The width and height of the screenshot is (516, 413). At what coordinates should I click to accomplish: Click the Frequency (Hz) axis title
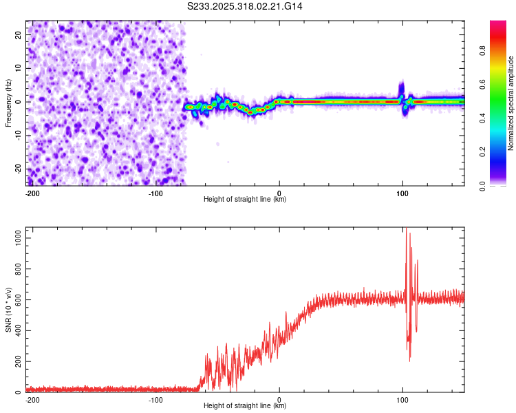pos(8,103)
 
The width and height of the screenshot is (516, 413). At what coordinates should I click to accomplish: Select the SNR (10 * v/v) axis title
pos(8,310)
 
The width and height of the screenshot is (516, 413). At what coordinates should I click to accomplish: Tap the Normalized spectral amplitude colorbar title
pos(511,103)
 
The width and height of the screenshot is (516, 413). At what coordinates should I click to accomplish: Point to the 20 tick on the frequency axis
pos(19,34)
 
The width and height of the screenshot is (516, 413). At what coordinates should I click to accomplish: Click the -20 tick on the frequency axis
pos(18,169)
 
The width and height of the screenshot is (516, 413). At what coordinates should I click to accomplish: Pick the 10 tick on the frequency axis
pos(19,67)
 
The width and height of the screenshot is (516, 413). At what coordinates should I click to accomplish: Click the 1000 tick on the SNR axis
pos(15,236)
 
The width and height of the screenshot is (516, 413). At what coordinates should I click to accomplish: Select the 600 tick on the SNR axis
pos(17,299)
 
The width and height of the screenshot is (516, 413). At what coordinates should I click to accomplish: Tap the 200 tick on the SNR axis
pos(17,361)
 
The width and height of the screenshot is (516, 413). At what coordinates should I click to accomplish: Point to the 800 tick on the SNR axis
pos(17,268)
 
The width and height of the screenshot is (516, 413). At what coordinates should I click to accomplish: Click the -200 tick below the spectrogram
pos(32,193)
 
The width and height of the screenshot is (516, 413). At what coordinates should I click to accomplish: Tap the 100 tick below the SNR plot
pos(402,399)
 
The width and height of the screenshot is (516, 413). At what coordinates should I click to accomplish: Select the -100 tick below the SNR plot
pos(155,399)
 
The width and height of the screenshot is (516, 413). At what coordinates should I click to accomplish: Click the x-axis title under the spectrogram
pos(245,199)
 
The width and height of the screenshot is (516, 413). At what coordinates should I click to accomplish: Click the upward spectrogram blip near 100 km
pos(402,88)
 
